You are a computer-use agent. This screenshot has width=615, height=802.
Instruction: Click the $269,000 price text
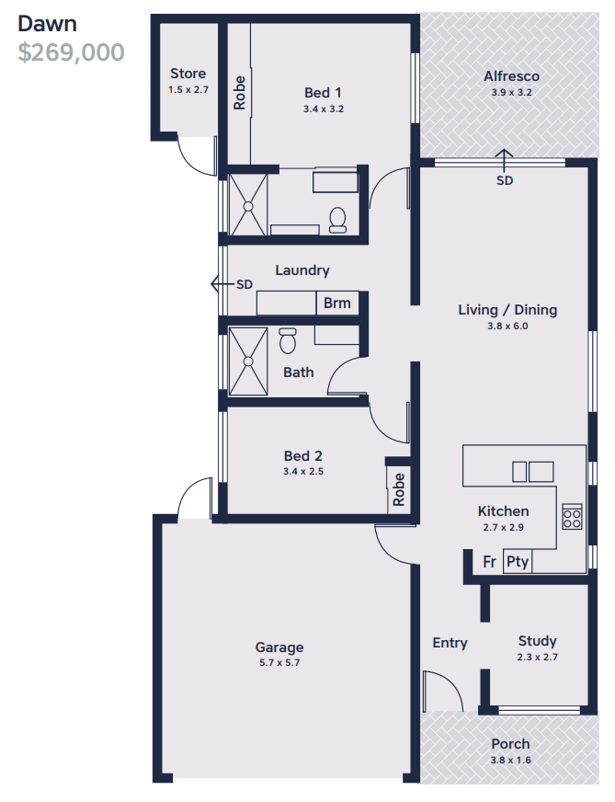pyautogui.click(x=71, y=52)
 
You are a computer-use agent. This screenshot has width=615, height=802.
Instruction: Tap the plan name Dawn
pyautogui.click(x=47, y=24)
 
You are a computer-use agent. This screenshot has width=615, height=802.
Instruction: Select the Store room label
pyautogui.click(x=188, y=74)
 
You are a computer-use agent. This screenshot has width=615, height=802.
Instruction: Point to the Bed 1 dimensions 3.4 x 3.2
pyautogui.click(x=323, y=109)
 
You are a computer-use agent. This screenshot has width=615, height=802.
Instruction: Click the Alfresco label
pyautogui.click(x=512, y=76)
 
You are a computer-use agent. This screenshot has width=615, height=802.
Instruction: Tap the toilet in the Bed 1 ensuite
pyautogui.click(x=337, y=220)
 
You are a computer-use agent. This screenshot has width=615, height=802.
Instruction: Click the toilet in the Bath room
pyautogui.click(x=288, y=340)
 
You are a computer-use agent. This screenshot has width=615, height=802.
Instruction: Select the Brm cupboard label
pyautogui.click(x=336, y=303)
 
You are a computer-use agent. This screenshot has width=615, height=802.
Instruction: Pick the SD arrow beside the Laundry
pyautogui.click(x=222, y=283)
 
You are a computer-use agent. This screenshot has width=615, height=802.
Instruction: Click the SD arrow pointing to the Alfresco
pyautogui.click(x=504, y=161)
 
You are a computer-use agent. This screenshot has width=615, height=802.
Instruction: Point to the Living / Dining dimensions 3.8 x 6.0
pyautogui.click(x=507, y=326)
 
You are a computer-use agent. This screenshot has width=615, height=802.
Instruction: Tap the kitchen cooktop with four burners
pyautogui.click(x=572, y=516)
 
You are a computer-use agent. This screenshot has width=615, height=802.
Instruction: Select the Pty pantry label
pyautogui.click(x=517, y=562)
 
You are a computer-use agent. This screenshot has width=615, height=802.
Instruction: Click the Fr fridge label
pyautogui.click(x=489, y=562)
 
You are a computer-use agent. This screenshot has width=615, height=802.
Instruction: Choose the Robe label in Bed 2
pyautogui.click(x=399, y=489)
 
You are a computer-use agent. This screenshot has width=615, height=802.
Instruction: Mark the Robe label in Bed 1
pyautogui.click(x=239, y=93)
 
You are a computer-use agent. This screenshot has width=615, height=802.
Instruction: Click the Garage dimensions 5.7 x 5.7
pyautogui.click(x=279, y=663)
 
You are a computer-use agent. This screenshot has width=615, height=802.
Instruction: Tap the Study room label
pyautogui.click(x=537, y=641)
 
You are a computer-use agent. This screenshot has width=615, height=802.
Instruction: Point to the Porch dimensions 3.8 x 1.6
pyautogui.click(x=511, y=760)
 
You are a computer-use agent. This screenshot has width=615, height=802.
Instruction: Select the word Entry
pyautogui.click(x=450, y=643)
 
